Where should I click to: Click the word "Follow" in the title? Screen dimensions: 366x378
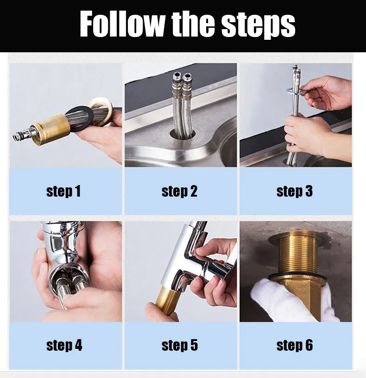click(x=122, y=24)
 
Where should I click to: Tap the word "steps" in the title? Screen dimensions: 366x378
click(x=259, y=26)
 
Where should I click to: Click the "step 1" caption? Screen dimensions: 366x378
click(x=63, y=192)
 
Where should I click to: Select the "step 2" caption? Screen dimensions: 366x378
click(x=179, y=192)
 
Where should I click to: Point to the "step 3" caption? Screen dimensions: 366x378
click(x=295, y=192)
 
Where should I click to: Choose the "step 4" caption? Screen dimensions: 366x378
click(x=64, y=345)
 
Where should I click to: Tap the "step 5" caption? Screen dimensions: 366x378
click(x=180, y=345)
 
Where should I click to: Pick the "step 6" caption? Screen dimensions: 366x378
click(x=295, y=345)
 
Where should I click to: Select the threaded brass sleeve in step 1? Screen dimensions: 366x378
click(x=52, y=130)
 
